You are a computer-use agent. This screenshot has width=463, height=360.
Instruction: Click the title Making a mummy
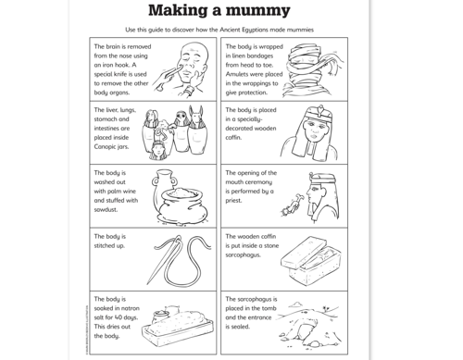219,11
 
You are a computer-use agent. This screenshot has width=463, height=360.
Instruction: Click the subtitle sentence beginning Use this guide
219,30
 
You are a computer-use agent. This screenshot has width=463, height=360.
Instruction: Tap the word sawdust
106,209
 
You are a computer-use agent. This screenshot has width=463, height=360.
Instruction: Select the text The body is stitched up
109,242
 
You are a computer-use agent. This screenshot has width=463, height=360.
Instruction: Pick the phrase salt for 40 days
114,317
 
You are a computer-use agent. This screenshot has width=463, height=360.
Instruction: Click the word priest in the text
234,200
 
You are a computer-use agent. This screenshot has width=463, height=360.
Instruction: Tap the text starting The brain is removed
121,46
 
